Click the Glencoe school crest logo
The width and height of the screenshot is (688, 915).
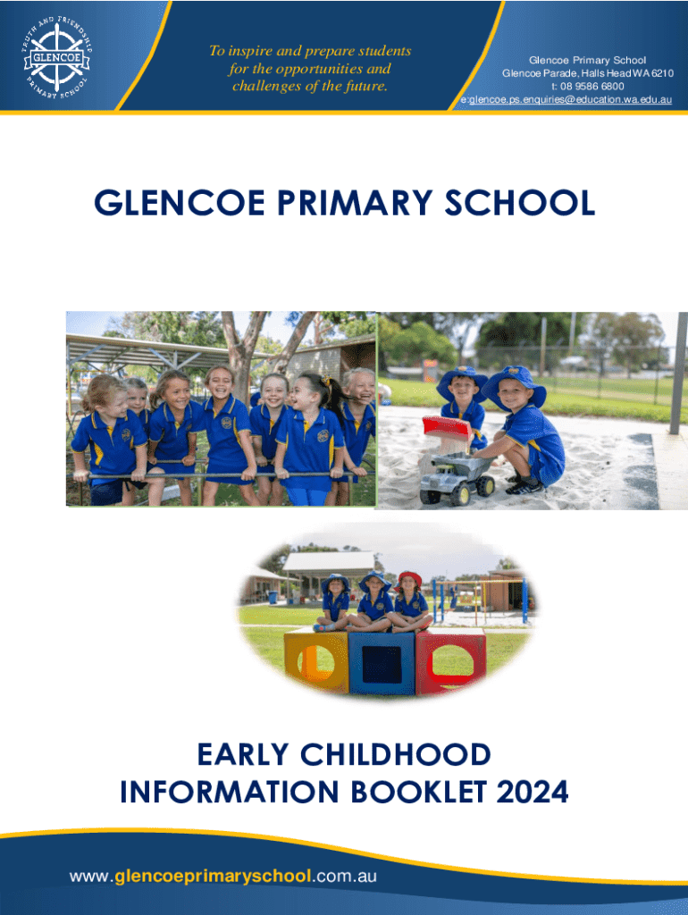tap(56, 58)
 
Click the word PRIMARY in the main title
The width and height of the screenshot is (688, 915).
tap(354, 203)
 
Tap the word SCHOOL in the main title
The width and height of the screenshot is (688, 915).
tap(519, 203)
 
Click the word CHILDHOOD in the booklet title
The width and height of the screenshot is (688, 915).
tap(395, 754)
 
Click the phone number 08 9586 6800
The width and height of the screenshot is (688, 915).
tap(592, 87)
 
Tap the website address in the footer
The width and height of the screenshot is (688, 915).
tap(222, 876)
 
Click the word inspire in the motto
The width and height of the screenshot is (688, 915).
tap(250, 51)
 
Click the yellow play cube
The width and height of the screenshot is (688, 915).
tap(315, 661)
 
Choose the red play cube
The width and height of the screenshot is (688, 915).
tap(450, 661)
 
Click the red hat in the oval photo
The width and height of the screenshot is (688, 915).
tap(409, 580)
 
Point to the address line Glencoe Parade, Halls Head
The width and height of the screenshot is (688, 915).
tap(588, 73)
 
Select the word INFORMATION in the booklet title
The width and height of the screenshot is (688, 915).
tap(230, 792)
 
